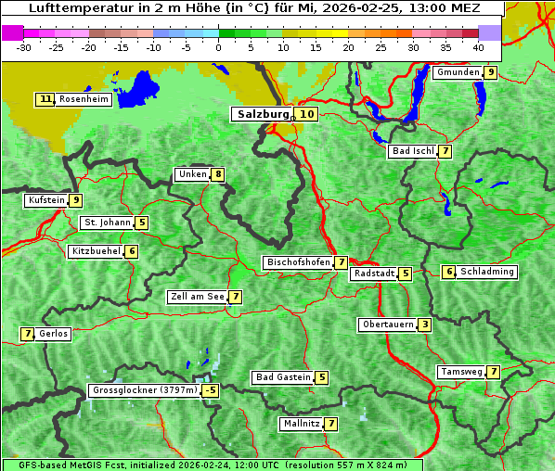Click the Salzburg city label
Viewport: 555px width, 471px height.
263,114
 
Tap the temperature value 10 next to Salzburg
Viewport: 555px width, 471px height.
307,114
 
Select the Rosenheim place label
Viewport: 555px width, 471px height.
84,99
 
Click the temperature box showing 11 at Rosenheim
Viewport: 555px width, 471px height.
45,99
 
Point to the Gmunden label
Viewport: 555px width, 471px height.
458,72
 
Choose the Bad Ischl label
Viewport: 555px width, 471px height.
413,151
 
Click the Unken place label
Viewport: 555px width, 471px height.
192,174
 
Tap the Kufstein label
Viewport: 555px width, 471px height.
46,199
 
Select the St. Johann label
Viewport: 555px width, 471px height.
107,223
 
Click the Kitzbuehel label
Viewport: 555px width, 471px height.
96,251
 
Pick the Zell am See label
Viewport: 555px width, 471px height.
197,297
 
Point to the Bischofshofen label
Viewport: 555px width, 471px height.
298,262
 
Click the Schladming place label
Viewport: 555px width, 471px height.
487,272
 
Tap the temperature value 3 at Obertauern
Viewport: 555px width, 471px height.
424,325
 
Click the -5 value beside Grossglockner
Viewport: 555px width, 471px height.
211,390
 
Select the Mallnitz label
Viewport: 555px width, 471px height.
301,424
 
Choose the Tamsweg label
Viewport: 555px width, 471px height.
461,372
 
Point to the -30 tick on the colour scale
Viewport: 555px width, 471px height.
24,46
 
